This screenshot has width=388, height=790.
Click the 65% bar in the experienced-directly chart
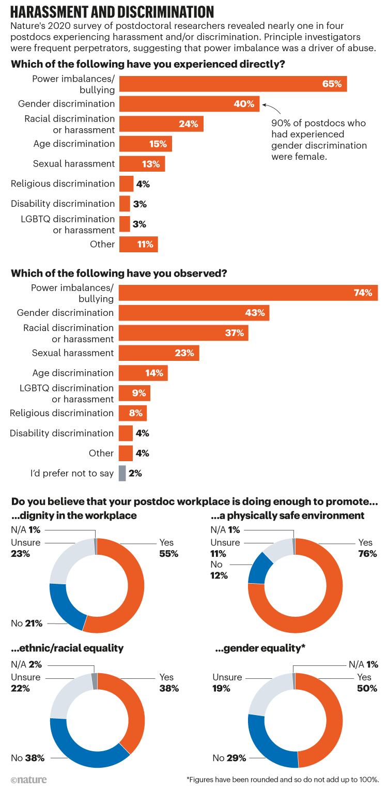232,84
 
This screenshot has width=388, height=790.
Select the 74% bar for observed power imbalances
248,293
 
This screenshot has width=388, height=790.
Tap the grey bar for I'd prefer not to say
122,473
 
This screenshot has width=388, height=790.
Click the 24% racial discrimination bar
161,124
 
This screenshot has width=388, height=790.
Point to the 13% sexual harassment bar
142,164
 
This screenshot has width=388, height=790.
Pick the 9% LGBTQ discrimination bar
134,393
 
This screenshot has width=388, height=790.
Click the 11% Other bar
138,244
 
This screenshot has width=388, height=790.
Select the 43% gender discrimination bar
194,313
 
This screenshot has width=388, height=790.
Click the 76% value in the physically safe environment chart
365,554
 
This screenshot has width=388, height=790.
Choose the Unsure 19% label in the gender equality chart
227,682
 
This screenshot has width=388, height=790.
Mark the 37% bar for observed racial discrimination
183,333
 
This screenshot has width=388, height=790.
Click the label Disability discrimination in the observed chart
61,433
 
